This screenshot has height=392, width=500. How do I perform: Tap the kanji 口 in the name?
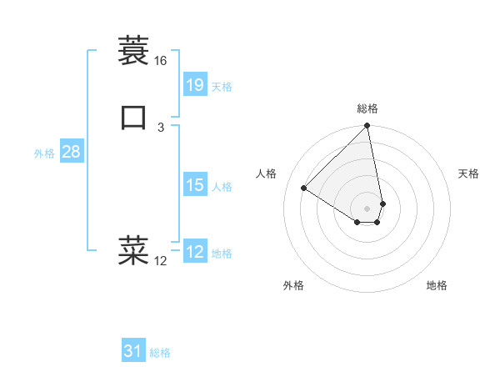click(x=133, y=118)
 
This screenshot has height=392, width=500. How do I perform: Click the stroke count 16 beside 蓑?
click(x=160, y=61)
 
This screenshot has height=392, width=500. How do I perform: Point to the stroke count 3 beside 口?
click(x=160, y=127)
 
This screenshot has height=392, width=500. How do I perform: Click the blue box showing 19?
click(x=194, y=84)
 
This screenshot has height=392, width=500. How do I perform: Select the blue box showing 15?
click(x=194, y=185)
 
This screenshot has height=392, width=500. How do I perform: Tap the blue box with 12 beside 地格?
click(x=194, y=252)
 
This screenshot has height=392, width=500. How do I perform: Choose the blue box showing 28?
click(x=71, y=152)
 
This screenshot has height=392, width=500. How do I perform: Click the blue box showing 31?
click(x=133, y=351)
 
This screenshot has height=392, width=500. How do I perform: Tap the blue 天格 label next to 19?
click(x=222, y=87)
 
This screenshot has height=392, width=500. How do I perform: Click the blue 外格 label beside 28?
click(x=44, y=153)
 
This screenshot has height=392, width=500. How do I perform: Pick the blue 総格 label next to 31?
click(x=160, y=353)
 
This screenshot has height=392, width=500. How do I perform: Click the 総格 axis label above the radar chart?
click(x=367, y=108)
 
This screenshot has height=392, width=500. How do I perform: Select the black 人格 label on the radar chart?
click(x=267, y=173)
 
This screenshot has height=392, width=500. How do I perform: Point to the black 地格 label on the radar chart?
click(x=437, y=285)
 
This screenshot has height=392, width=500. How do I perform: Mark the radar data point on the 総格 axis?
click(x=367, y=127)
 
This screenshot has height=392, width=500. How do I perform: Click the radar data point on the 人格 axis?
click(x=304, y=188)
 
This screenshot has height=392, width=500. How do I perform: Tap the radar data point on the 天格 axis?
click(x=382, y=204)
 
